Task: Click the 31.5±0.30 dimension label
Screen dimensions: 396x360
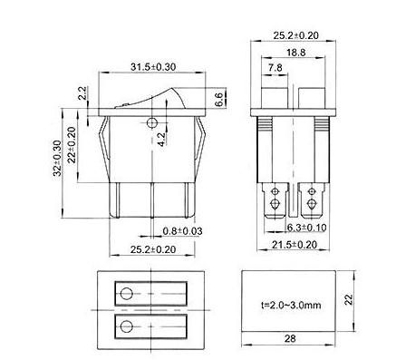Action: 153,67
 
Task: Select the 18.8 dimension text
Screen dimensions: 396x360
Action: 296,53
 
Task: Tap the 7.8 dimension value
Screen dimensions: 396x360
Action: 275,67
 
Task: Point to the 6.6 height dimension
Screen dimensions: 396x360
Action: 218,99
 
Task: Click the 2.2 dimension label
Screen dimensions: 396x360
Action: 82,93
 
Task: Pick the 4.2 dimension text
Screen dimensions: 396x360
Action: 161,140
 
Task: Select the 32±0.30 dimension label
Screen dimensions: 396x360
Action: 57,158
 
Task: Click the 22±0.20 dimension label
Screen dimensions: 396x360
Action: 72,145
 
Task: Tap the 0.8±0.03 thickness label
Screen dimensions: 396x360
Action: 182,231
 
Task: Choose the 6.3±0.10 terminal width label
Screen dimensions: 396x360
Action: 306,228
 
